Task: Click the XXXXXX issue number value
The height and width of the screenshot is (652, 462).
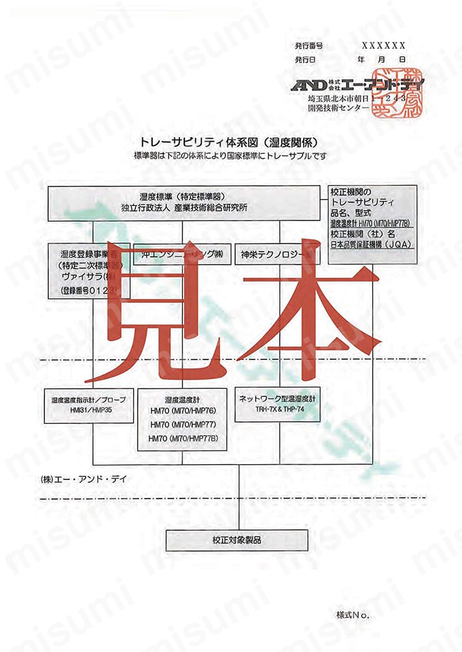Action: (383, 46)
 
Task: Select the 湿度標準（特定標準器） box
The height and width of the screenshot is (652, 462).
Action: (185, 203)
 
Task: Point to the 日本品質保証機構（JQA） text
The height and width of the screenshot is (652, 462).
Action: (371, 245)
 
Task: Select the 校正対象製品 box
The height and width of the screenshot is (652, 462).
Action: (237, 540)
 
